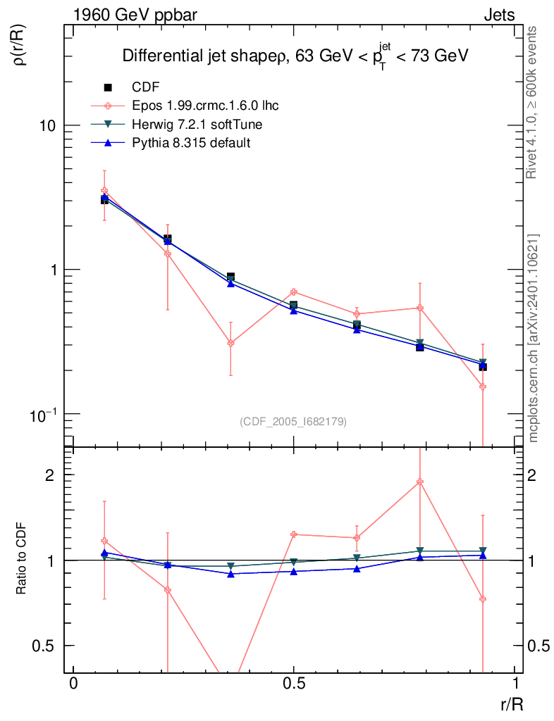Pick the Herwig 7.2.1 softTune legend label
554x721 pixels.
pos(192,125)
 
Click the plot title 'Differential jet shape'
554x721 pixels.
pos(200,56)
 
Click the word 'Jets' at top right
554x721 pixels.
pos(499,15)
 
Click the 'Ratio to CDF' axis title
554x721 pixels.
pos(21,560)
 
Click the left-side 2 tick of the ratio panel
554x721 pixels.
pos(51,475)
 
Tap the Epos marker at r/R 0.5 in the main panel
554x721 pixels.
pos(293,291)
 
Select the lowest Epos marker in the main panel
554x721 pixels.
pos(483,387)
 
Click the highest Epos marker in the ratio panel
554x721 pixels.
pos(420,482)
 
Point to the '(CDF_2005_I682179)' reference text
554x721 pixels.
pos(293,421)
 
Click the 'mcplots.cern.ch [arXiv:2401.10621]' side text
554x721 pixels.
pos(534,338)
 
